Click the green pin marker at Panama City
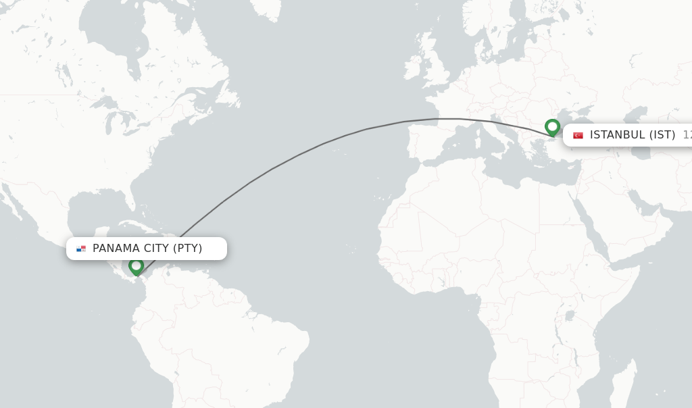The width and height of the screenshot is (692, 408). [136, 266]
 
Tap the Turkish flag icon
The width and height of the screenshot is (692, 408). [578, 135]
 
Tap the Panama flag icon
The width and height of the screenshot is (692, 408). [81, 249]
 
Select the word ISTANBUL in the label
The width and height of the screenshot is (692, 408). [617, 135]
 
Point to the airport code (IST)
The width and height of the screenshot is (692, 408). [662, 135]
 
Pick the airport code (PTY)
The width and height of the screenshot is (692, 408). [187, 249]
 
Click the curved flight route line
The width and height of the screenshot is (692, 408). [297, 155]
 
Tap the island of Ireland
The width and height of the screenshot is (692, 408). [413, 68]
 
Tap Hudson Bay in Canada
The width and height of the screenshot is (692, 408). [122, 41]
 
